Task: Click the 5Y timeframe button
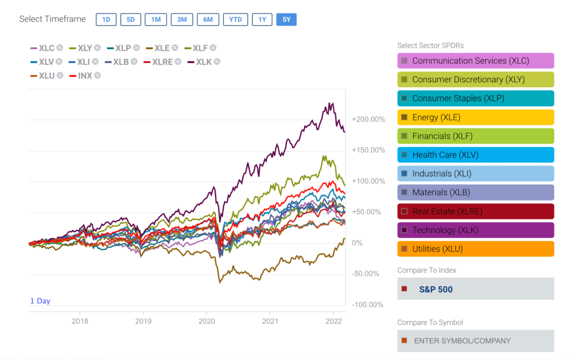pyautogui.click(x=286, y=20)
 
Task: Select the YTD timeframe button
pyautogui.click(x=236, y=20)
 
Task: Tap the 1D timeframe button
pyautogui.click(x=106, y=20)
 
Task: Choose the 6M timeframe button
pyautogui.click(x=208, y=20)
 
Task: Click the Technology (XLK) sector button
pyautogui.click(x=476, y=230)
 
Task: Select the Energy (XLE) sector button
pyautogui.click(x=476, y=117)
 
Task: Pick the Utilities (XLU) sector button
pyautogui.click(x=476, y=249)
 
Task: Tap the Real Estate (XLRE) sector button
pyautogui.click(x=476, y=211)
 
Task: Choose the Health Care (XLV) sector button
pyautogui.click(x=476, y=155)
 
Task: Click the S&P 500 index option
pyautogui.click(x=476, y=289)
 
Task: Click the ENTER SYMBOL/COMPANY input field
pyautogui.click(x=476, y=340)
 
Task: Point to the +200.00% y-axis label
pyautogui.click(x=368, y=119)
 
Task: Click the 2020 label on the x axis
pyautogui.click(x=206, y=321)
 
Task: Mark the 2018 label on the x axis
pyautogui.click(x=80, y=321)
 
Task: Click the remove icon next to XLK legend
pyautogui.click(x=217, y=62)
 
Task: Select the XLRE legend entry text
pyautogui.click(x=162, y=62)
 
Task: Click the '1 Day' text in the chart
pyautogui.click(x=40, y=301)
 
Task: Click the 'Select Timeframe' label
pyautogui.click(x=53, y=19)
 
